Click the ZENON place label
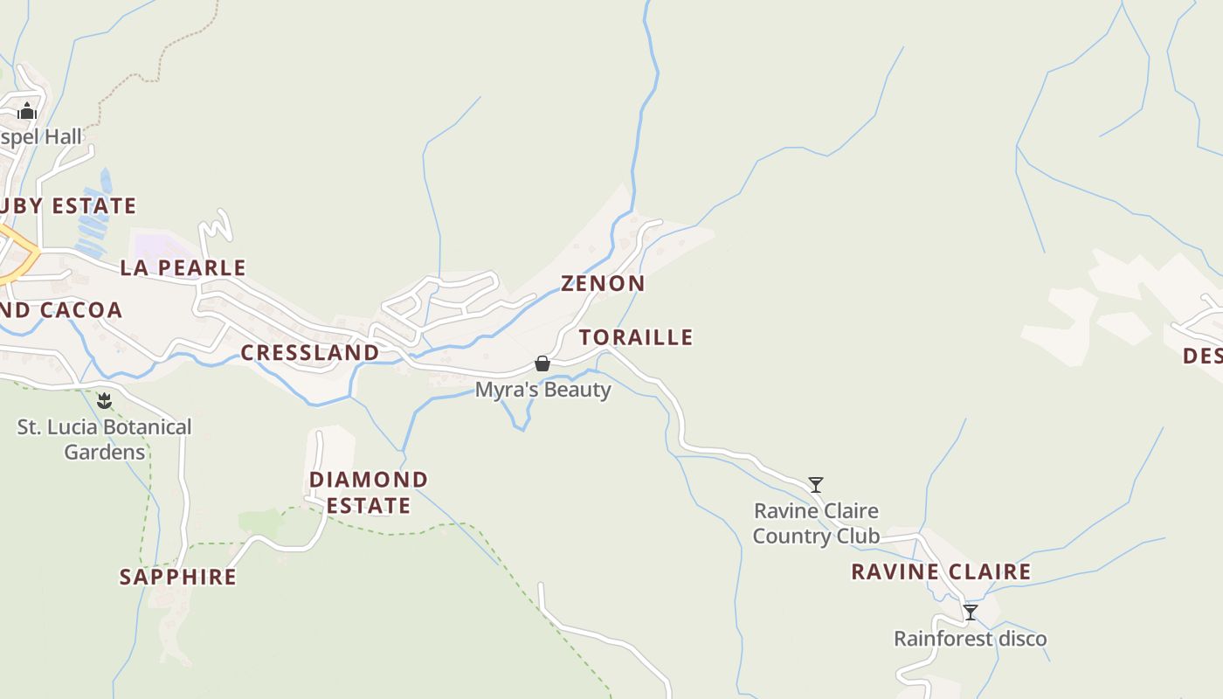pyautogui.click(x=603, y=283)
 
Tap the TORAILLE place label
pyautogui.click(x=636, y=337)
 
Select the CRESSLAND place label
pyautogui.click(x=310, y=353)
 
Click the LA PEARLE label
pyautogui.click(x=183, y=267)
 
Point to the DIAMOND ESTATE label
pyautogui.click(x=369, y=492)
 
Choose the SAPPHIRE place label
pyautogui.click(x=178, y=577)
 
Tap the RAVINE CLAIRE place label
pyautogui.click(x=941, y=572)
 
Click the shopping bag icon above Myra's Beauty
pyautogui.click(x=542, y=363)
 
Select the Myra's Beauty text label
pyautogui.click(x=542, y=390)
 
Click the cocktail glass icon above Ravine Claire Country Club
pyautogui.click(x=816, y=484)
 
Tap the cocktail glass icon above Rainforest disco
pyautogui.click(x=970, y=612)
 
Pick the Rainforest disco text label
pyautogui.click(x=970, y=639)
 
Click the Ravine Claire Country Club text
pyautogui.click(x=816, y=523)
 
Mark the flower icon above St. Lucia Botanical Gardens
pyautogui.click(x=105, y=401)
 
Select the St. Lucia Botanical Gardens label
pyautogui.click(x=105, y=439)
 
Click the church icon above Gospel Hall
pyautogui.click(x=27, y=111)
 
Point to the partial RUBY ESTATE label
pyautogui.click(x=68, y=206)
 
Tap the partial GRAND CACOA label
pyautogui.click(x=61, y=310)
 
